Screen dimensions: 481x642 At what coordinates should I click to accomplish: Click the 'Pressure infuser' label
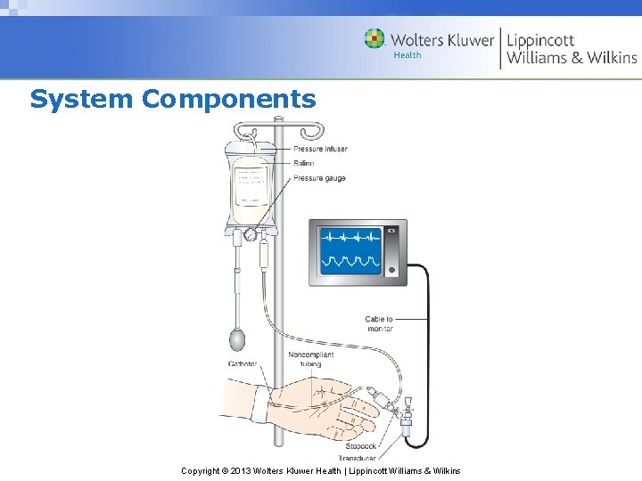(x=320, y=149)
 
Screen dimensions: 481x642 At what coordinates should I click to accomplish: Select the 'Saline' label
(x=304, y=163)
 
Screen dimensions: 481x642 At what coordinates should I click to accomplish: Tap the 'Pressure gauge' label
(x=319, y=178)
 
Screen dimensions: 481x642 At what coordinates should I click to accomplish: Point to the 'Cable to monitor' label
(x=379, y=323)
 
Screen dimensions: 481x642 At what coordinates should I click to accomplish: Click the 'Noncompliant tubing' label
(x=310, y=359)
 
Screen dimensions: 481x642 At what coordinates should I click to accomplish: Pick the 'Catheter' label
(x=243, y=364)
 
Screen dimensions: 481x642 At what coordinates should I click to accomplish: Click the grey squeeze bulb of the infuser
(x=237, y=339)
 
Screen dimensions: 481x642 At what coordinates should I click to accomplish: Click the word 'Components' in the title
(x=228, y=98)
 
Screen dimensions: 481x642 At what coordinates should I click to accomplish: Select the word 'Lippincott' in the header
(x=540, y=40)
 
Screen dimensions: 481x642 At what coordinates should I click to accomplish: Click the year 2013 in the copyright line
(x=240, y=470)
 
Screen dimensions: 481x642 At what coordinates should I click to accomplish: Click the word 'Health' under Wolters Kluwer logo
(x=407, y=55)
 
